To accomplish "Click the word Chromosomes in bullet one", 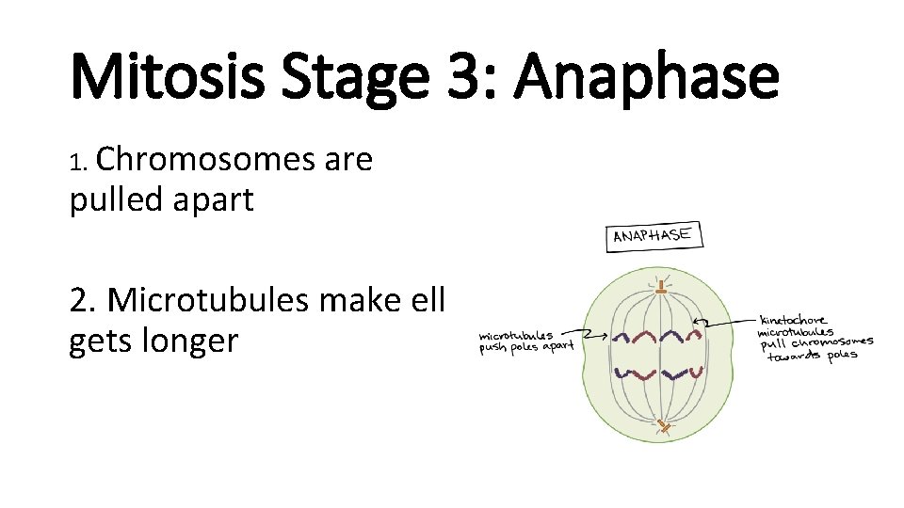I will (205, 161).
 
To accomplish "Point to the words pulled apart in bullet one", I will (161, 199).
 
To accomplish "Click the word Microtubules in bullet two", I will (211, 300).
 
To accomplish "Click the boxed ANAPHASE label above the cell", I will (653, 235).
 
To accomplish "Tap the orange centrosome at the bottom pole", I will (664, 427).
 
